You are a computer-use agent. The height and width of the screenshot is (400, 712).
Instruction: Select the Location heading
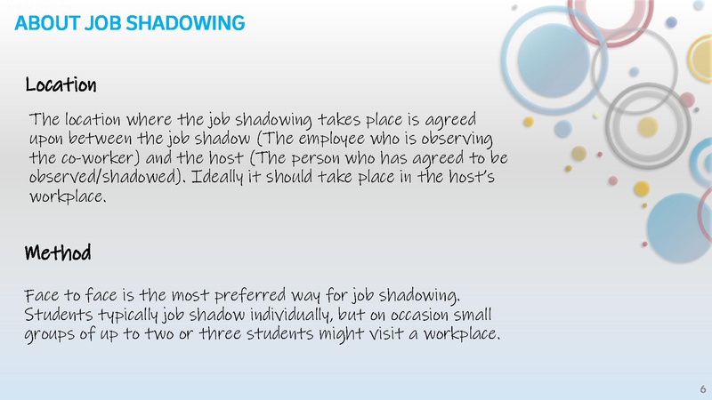[61, 86]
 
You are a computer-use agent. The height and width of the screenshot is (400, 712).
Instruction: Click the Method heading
[58, 254]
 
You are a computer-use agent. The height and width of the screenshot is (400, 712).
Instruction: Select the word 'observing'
[457, 139]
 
